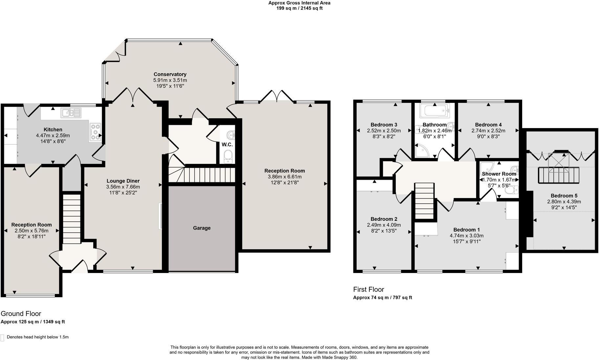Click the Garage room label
point(202,228)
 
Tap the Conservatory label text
point(170,74)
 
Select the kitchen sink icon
point(71,113)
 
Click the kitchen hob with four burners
point(95,132)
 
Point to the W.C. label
point(227,145)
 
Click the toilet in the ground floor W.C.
point(228,156)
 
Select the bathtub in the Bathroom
point(434,111)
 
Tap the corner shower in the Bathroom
point(421,150)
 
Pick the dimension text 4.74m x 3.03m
point(466,236)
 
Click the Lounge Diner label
point(123,181)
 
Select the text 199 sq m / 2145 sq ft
point(299,8)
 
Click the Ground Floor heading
point(21,313)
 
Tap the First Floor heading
point(368,289)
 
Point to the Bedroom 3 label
point(384,125)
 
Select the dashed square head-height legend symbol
point(3,338)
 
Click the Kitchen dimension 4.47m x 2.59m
point(53,135)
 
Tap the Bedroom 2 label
point(384,219)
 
